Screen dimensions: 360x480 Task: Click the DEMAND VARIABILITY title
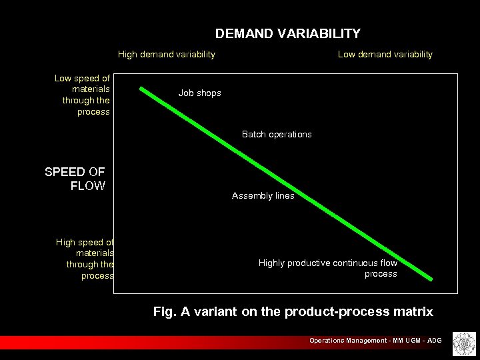pos(287,33)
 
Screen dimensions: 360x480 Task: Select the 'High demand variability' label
pos(167,54)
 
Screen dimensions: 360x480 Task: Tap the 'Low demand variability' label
pos(385,54)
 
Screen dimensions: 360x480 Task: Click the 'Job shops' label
pos(200,93)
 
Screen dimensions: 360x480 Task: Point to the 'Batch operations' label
pos(277,134)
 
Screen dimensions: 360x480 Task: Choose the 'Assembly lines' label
pos(263,196)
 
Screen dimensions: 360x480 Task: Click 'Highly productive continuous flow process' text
pos(328,269)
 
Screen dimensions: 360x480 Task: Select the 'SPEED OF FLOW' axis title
pos(75,179)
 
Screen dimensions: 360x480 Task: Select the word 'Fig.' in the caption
pos(165,311)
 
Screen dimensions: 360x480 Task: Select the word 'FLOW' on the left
pos(87,186)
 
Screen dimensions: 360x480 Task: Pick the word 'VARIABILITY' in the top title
pos(321,33)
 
